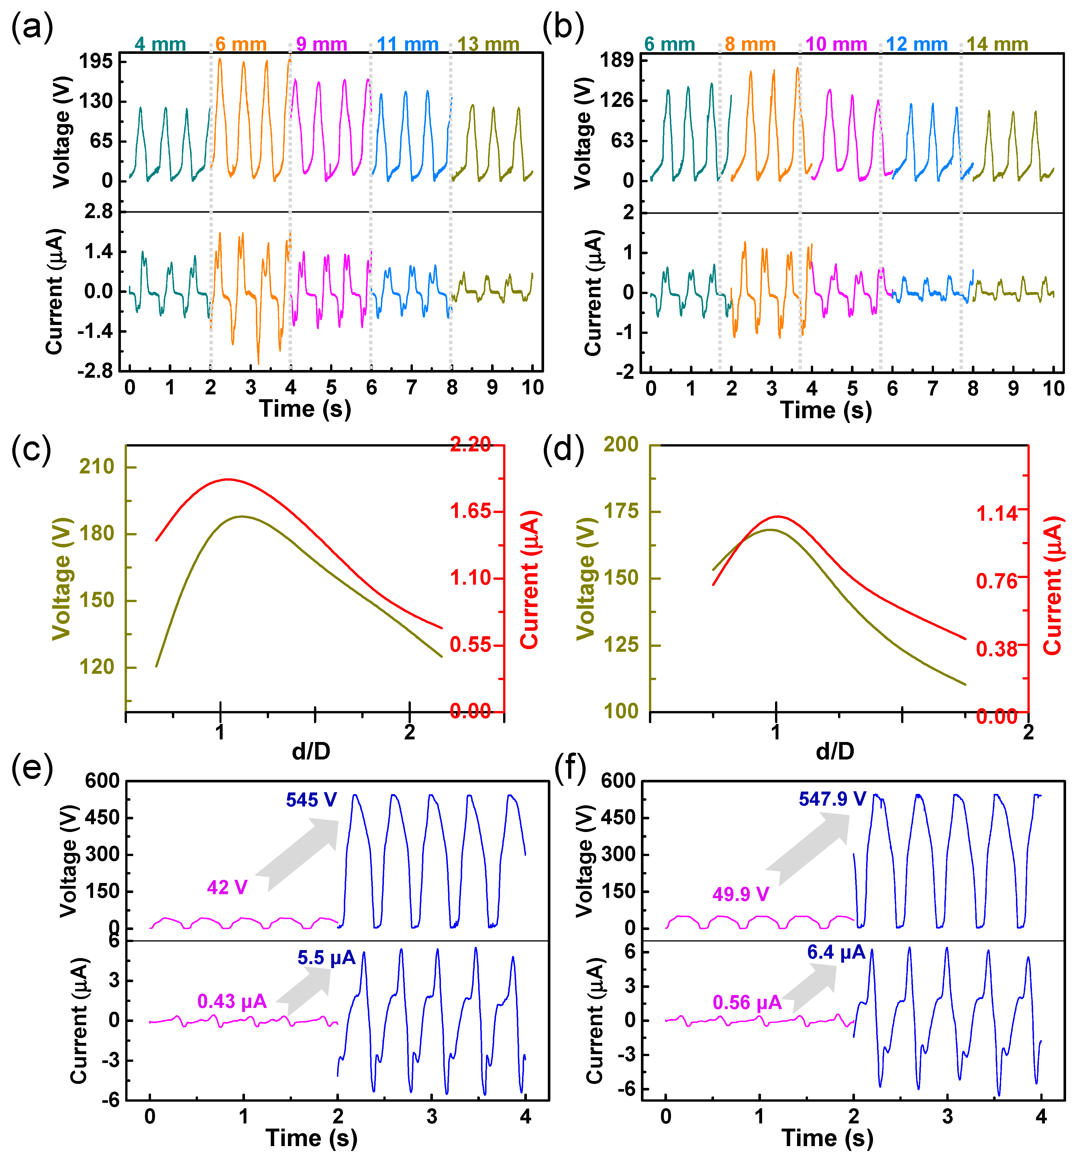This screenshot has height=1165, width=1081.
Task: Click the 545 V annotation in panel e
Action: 311,800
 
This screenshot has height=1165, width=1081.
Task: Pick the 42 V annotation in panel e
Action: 227,888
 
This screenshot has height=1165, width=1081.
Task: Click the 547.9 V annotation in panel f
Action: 832,799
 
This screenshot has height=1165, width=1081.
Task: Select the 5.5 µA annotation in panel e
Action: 326,958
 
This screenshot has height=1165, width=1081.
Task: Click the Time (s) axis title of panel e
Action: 311,1138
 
